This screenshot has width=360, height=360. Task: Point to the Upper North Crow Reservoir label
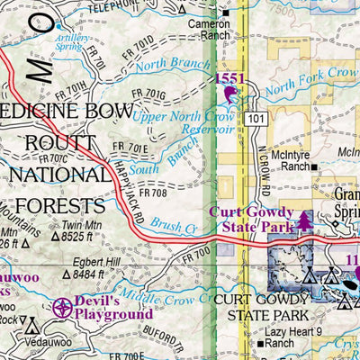point(184,123)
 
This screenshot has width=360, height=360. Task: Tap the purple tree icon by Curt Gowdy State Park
point(305,219)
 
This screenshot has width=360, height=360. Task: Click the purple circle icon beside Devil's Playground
point(62,307)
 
